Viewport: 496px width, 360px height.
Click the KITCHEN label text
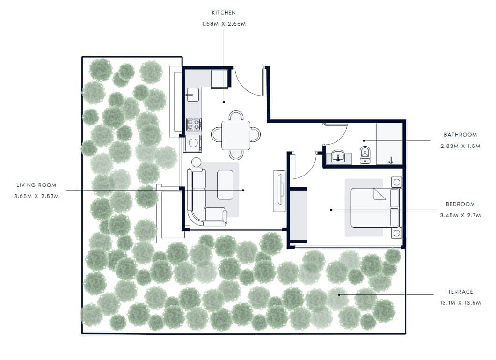coord(224,13)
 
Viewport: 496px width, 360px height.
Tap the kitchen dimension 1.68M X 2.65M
coord(224,24)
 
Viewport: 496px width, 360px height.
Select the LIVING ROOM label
coord(36,185)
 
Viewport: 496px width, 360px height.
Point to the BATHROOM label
coord(460,135)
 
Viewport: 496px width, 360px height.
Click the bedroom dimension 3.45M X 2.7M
coord(460,215)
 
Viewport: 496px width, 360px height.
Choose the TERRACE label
coord(460,292)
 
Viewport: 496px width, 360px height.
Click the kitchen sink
coord(192,95)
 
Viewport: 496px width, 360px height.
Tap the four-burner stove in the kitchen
coord(194,125)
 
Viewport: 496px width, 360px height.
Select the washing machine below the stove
coord(193,143)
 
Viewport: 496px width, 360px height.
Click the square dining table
coord(236,135)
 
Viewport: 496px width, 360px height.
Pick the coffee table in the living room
coord(225,185)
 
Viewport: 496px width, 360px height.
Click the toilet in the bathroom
coord(365,154)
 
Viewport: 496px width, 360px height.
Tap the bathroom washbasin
coord(338,156)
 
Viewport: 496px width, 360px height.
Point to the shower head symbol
coord(391,161)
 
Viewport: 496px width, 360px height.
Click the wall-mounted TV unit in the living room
coord(279,191)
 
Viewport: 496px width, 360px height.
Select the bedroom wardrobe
coord(298,215)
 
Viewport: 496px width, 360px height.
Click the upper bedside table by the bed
coord(397,182)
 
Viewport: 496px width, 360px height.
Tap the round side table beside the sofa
coord(196,162)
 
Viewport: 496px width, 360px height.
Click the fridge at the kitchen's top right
coord(219,79)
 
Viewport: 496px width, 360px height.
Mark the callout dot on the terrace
coord(339,294)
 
